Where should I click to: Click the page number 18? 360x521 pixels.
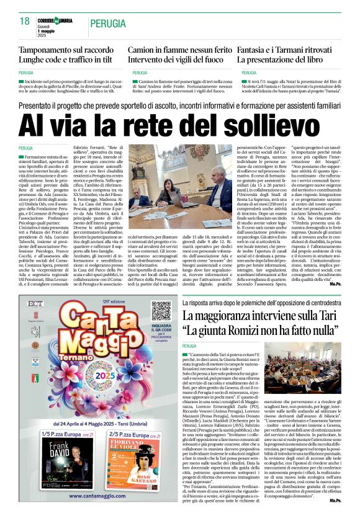tap(25, 21)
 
